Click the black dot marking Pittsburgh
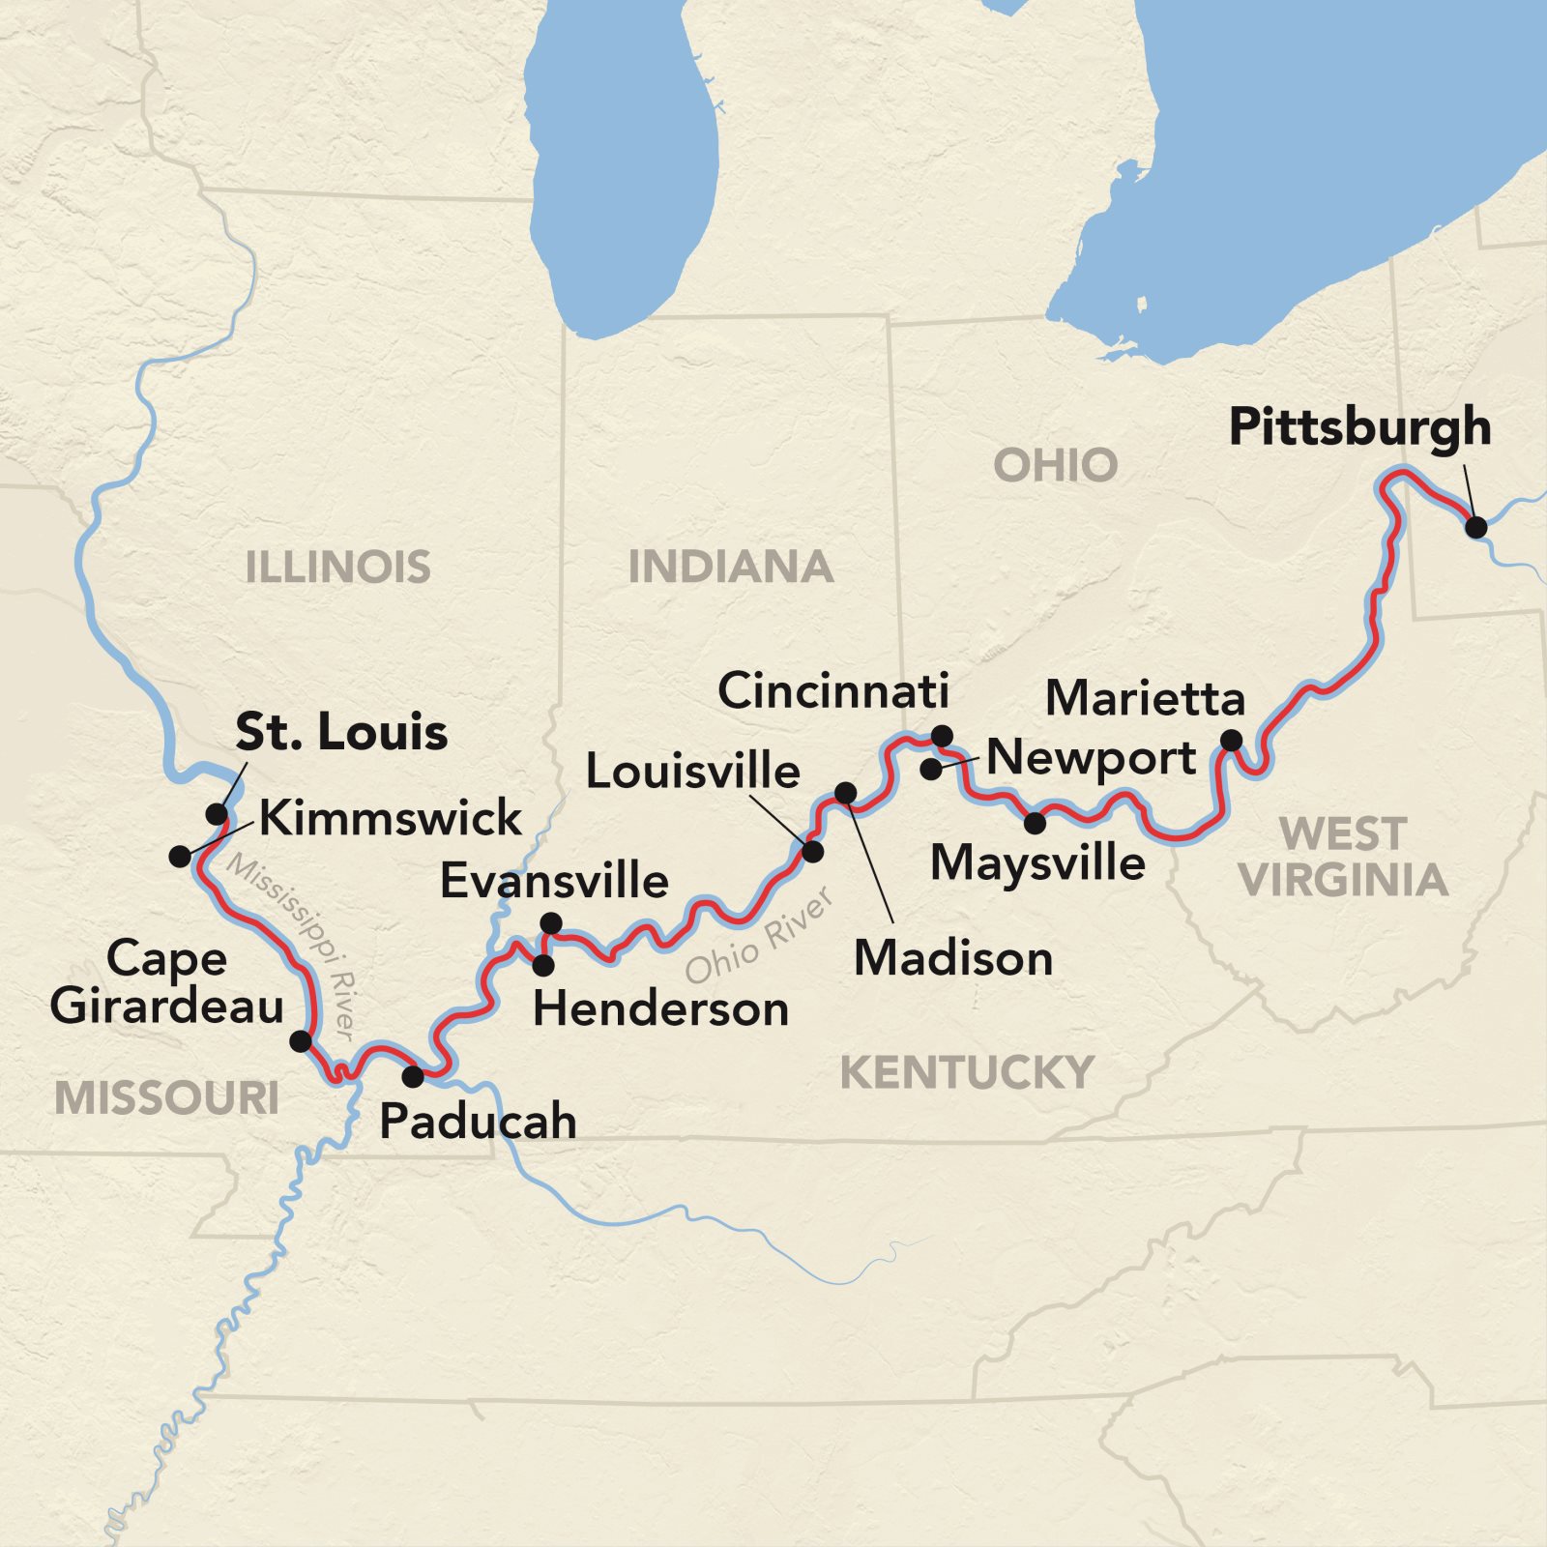1475,527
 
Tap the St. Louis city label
341,732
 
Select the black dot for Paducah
413,1076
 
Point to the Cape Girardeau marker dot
301,1041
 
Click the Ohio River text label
759,936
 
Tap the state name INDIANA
731,567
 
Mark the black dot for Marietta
1231,741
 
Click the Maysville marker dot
1035,824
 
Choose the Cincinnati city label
833,691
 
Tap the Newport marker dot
930,770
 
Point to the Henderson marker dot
543,965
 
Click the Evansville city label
554,881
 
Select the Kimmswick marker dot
180,856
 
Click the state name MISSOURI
166,1098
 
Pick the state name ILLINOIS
337,567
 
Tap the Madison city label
953,958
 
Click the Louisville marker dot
812,852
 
